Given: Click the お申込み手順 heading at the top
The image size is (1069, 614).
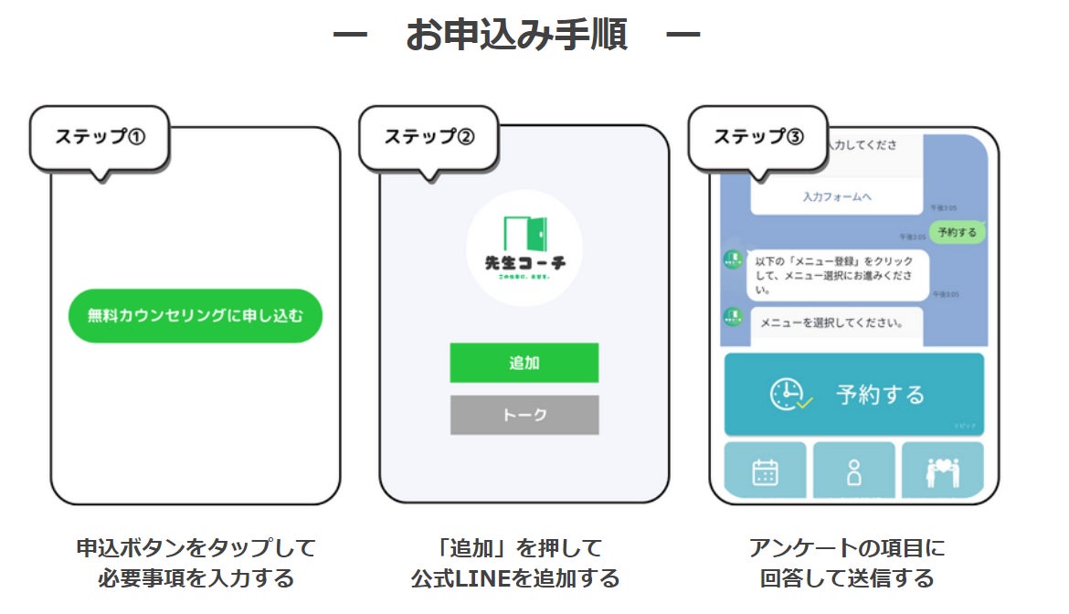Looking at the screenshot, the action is tap(516, 36).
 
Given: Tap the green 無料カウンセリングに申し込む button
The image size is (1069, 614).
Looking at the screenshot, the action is tap(195, 316).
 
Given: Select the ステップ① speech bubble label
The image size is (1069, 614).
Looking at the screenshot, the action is tap(100, 137).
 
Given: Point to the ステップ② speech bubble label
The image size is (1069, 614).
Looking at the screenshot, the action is tap(429, 137).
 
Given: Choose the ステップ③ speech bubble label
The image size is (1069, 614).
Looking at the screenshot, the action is tap(757, 137).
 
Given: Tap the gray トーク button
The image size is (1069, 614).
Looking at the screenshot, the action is tap(524, 415).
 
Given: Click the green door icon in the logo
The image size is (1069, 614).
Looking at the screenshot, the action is tap(524, 235).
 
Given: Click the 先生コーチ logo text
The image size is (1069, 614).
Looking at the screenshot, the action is tap(524, 263).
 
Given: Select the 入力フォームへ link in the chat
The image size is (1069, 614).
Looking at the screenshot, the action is tap(837, 196).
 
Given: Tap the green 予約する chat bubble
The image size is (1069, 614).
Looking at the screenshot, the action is tap(957, 232).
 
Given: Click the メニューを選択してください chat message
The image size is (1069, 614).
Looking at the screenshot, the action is tap(832, 323).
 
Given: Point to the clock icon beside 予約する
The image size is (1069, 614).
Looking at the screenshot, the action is tap(788, 394).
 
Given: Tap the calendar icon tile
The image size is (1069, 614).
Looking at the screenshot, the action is tap(765, 471).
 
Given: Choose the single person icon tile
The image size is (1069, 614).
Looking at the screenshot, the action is tap(853, 471).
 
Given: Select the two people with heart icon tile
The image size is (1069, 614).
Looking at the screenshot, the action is tap(942, 471).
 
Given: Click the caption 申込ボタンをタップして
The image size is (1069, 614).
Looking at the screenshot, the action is tap(196, 548).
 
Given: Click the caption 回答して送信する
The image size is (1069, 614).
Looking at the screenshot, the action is tap(847, 578).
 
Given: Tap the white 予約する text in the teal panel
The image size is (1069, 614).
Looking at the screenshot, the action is tap(880, 395).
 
